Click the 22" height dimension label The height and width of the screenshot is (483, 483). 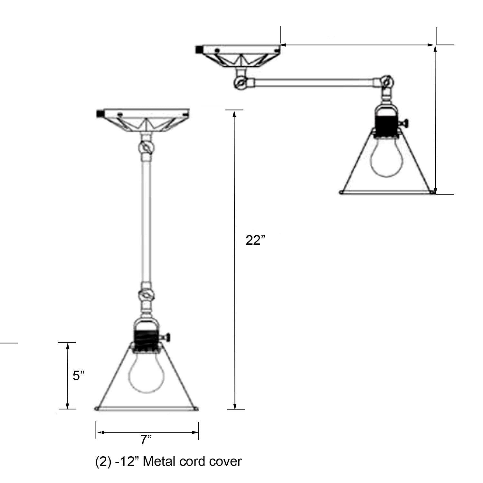[255, 240]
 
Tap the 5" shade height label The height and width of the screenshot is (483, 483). [78, 375]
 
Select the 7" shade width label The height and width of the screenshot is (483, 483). [146, 440]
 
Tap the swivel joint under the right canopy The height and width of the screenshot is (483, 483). [240, 83]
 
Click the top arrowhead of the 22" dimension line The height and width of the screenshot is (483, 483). [235, 113]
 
